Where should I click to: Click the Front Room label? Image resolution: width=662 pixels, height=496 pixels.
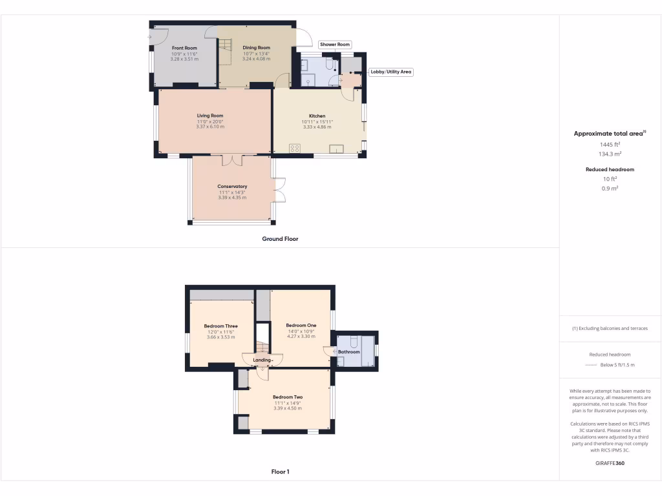tap(184, 48)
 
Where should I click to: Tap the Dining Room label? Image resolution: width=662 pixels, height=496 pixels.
tap(256, 48)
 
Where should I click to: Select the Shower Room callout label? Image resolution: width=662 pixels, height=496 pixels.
tap(334, 45)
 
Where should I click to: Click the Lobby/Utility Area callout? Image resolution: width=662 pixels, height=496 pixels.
tap(390, 72)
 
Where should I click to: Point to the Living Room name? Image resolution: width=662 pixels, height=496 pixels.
tap(210, 116)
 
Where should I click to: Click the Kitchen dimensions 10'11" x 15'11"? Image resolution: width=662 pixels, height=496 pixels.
tap(317, 121)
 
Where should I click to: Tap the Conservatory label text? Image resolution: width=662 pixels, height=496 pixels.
tap(232, 187)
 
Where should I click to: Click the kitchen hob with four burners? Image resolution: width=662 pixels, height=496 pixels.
tap(294, 149)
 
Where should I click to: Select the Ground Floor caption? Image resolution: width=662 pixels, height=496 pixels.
tap(280, 239)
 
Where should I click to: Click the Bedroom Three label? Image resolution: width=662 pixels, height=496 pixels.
tap(220, 326)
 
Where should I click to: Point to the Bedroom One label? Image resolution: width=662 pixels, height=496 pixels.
tap(301, 325)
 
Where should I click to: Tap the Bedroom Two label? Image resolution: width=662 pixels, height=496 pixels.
tap(288, 397)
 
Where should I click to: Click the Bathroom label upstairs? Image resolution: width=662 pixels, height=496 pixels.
tap(349, 352)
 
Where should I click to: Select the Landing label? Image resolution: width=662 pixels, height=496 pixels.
tap(262, 360)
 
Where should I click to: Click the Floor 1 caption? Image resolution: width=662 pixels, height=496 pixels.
tap(280, 472)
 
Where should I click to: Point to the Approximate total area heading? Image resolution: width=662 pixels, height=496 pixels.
tap(608, 134)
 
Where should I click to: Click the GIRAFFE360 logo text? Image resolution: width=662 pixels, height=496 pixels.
tap(610, 463)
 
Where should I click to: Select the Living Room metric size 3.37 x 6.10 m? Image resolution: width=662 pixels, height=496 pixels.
tap(210, 127)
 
